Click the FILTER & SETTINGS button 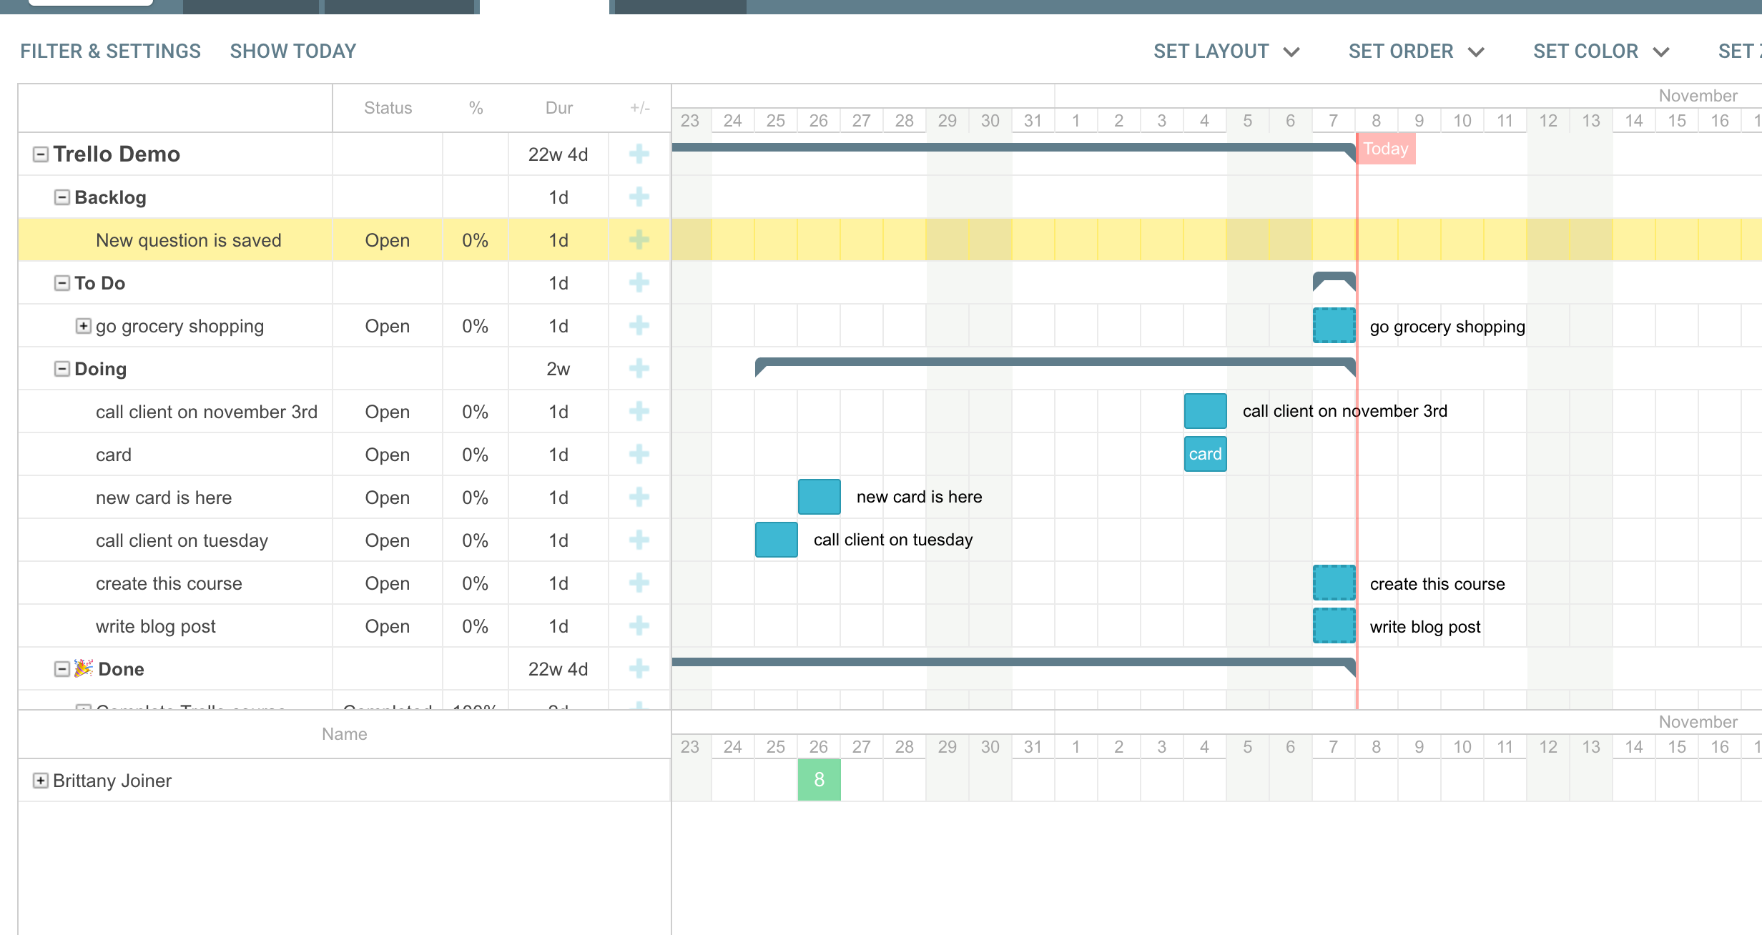point(110,51)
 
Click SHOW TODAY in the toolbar point(292,51)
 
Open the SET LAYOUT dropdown point(1226,51)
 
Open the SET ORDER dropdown point(1416,51)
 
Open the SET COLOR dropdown point(1600,51)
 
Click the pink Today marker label point(1385,149)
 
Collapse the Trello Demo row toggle point(41,154)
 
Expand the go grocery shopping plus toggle point(84,326)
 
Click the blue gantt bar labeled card point(1205,454)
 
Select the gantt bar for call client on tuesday point(776,540)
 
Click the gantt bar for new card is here point(819,497)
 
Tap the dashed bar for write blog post point(1334,625)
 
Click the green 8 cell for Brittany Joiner point(819,780)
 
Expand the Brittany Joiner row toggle point(41,781)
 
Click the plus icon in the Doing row point(639,369)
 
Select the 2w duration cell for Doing point(558,369)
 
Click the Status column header point(388,108)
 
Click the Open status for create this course point(387,583)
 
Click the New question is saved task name point(188,240)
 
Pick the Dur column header point(558,108)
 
